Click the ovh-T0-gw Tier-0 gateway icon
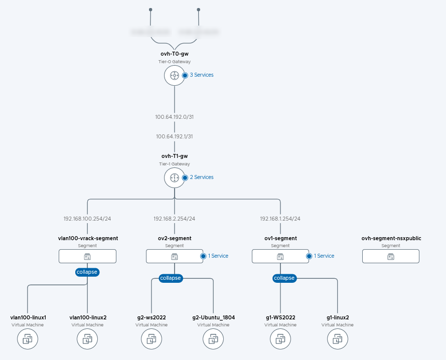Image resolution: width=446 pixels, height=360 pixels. tap(174, 75)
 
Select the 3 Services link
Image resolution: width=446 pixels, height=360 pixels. tap(201, 75)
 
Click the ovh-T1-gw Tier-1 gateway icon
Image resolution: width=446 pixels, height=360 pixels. tap(174, 177)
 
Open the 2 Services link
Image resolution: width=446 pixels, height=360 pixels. tap(201, 177)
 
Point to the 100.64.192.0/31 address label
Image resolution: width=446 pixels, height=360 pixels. tap(174, 117)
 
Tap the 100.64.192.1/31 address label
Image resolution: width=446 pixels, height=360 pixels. tap(174, 136)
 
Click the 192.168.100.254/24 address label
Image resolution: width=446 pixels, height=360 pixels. tap(88, 219)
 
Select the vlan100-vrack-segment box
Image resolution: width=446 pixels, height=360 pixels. tap(88, 256)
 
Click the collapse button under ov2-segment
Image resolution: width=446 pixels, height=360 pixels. tap(171, 278)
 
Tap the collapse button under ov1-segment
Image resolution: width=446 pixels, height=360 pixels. tap(284, 278)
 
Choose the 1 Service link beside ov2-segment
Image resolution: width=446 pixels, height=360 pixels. tap(218, 256)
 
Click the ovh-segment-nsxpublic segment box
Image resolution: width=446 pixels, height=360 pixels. tap(391, 256)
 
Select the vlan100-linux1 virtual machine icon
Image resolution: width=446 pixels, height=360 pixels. tap(28, 340)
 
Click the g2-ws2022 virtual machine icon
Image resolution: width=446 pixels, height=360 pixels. tap(151, 340)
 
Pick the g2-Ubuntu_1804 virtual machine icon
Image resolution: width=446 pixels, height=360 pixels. tap(213, 340)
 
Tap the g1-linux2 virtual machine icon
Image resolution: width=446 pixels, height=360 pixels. tap(337, 340)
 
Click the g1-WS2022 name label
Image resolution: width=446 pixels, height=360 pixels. tap(280, 317)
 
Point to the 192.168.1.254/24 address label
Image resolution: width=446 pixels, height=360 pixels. tap(280, 219)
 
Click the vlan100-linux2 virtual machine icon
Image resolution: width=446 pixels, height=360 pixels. tap(87, 340)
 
